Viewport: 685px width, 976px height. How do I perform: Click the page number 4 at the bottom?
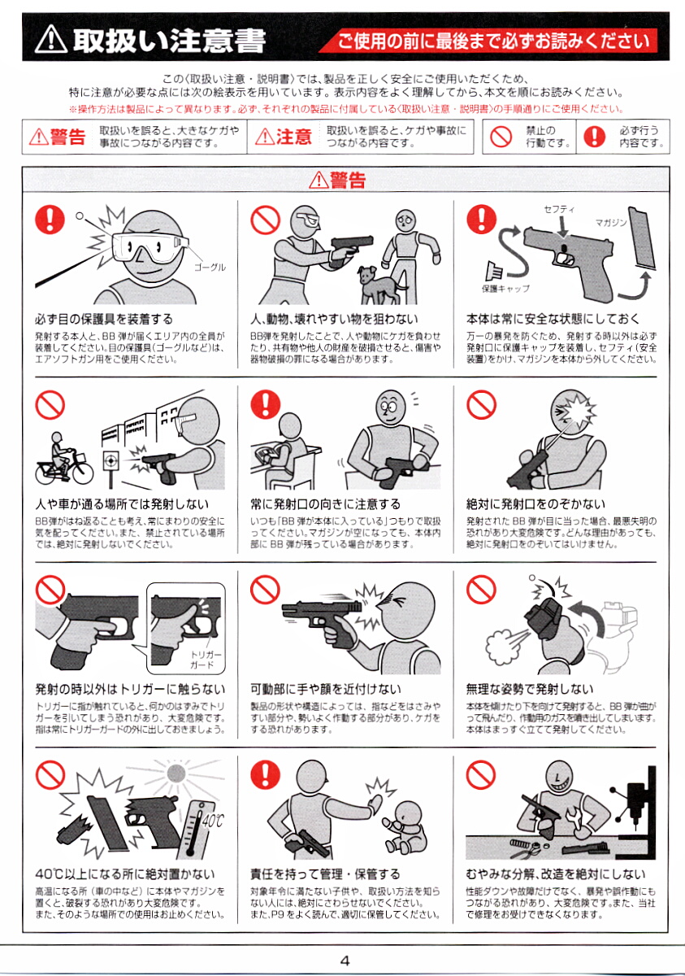(345, 961)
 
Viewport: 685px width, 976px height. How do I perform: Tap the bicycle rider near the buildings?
(64, 459)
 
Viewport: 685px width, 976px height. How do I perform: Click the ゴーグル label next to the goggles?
(210, 268)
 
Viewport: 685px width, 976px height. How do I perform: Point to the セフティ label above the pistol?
(559, 210)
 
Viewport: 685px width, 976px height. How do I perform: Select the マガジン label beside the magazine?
(611, 223)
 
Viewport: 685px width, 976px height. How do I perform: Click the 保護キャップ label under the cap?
(505, 289)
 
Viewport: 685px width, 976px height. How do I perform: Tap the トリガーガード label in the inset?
(202, 660)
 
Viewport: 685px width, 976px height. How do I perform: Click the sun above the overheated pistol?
(176, 773)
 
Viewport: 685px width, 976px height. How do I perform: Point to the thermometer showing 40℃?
(198, 829)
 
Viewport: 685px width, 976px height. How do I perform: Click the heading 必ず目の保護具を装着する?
(104, 320)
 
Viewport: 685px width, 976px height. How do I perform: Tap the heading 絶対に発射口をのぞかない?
(535, 504)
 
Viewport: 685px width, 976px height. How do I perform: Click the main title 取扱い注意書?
(169, 41)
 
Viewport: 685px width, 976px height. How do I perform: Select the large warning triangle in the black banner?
(51, 39)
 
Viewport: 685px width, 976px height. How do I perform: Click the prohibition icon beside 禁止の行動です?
(501, 137)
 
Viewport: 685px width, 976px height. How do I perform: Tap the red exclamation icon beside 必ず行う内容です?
(595, 137)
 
